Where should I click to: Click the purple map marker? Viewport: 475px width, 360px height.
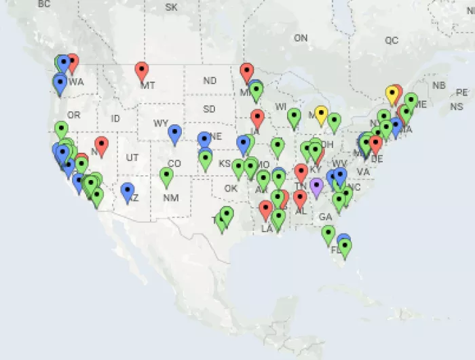click(x=316, y=185)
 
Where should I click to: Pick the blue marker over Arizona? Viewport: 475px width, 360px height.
click(x=128, y=191)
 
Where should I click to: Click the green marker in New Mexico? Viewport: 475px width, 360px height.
click(x=167, y=176)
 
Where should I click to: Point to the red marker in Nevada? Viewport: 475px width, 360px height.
click(x=101, y=145)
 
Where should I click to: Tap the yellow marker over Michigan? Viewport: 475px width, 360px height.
click(x=321, y=114)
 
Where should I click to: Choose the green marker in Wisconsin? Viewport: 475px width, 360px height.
click(x=294, y=116)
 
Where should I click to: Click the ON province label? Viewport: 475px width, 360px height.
click(x=301, y=39)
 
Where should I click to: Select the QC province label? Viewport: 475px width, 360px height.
click(x=392, y=40)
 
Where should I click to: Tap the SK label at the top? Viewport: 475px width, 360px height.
click(x=171, y=7)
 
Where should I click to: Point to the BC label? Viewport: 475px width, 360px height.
click(x=45, y=4)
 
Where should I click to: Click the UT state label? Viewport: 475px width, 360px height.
click(x=132, y=158)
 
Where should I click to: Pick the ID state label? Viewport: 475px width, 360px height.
click(x=115, y=118)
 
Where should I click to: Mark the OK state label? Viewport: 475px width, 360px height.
click(x=231, y=188)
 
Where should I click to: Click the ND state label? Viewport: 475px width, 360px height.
click(x=210, y=81)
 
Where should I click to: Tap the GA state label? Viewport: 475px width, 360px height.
click(x=326, y=217)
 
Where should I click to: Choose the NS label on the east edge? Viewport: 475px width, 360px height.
click(x=456, y=107)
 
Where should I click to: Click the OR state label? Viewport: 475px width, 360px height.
click(x=73, y=115)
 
